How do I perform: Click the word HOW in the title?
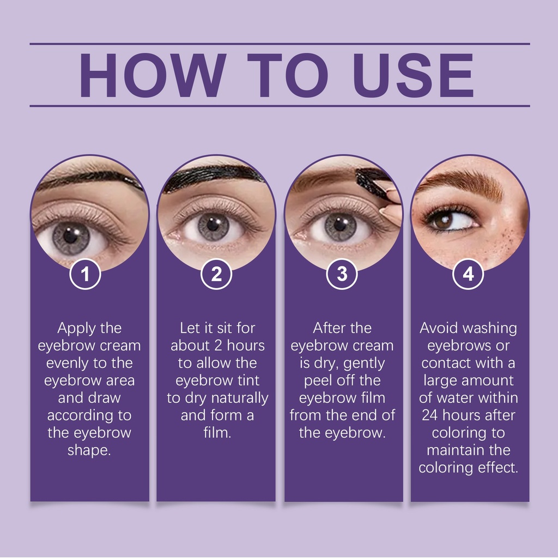point(153,75)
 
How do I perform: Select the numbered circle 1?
point(85,274)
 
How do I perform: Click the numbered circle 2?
point(216,274)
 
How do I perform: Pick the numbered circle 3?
point(342,274)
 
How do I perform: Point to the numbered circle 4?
point(468,274)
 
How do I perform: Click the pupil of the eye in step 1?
point(70,235)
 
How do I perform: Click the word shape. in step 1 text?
point(89,451)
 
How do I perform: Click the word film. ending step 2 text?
point(217,433)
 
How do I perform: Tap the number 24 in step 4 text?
point(430,415)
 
